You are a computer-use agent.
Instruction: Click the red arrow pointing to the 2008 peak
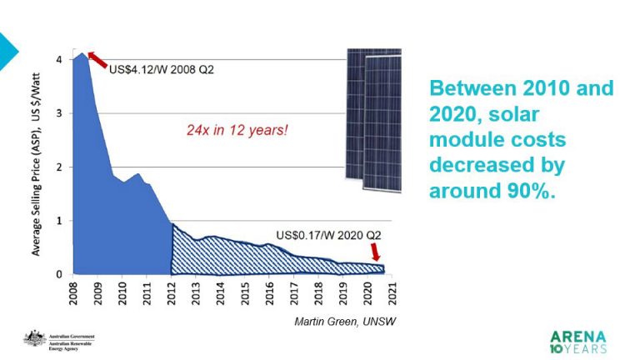pos(97,58)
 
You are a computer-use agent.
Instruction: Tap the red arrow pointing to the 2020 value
pos(376,251)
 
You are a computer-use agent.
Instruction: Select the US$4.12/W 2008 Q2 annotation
pos(162,69)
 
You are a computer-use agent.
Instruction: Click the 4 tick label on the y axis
pos(58,60)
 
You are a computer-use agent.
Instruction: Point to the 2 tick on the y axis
pos(58,167)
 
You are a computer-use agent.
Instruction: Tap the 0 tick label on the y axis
pos(58,274)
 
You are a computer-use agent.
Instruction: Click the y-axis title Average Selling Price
pos(38,167)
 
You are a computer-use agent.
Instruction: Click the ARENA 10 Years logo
pos(577,342)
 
